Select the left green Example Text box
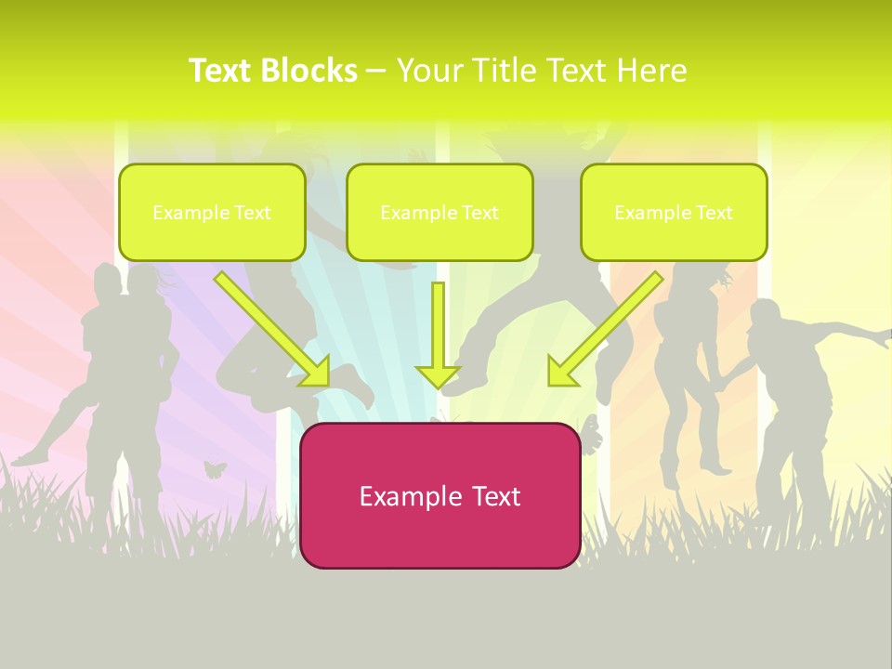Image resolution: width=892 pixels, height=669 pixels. (x=212, y=212)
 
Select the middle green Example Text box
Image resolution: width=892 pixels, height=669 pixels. (x=439, y=212)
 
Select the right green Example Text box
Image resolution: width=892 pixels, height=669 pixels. (x=674, y=212)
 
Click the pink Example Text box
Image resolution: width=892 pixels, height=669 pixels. (x=439, y=495)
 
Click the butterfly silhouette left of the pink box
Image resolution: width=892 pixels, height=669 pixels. (x=216, y=469)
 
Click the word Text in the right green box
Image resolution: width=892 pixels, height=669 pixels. (x=715, y=213)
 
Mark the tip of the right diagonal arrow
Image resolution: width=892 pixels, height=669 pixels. (x=549, y=385)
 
